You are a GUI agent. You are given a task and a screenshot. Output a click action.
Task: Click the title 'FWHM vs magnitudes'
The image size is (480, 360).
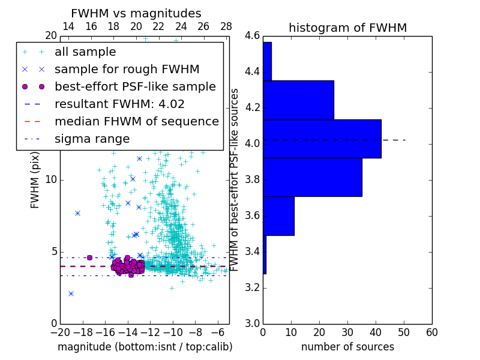136,13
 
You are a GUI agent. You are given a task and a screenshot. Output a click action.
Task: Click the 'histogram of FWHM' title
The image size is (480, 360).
347,28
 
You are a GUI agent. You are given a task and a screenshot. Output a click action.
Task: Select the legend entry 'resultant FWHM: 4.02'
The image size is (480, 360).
119,104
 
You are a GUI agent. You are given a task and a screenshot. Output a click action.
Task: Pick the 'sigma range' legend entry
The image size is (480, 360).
92,139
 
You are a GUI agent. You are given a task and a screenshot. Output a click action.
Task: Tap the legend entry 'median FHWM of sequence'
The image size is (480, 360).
136,121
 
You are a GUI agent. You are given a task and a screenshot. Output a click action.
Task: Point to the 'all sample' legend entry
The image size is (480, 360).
85,52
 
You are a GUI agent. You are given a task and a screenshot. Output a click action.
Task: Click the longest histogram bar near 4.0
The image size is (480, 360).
322,139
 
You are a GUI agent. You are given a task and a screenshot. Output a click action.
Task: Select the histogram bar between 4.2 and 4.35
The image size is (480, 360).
298,100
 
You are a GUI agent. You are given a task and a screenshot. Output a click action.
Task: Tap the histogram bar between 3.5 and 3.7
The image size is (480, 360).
278,216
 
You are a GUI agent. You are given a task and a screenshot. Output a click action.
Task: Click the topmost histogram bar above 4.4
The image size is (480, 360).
267,61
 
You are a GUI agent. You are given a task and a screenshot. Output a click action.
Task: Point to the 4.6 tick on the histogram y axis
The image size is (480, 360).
251,36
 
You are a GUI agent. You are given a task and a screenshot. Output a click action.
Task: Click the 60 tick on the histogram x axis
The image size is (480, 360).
431,332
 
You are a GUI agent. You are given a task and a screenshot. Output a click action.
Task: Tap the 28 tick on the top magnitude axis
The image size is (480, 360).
226,26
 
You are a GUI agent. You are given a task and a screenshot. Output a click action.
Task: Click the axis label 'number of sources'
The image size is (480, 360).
347,347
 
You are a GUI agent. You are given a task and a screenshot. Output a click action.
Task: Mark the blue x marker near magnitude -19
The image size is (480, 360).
71,293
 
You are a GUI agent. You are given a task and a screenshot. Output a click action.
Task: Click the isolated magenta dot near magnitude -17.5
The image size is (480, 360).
89,257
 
